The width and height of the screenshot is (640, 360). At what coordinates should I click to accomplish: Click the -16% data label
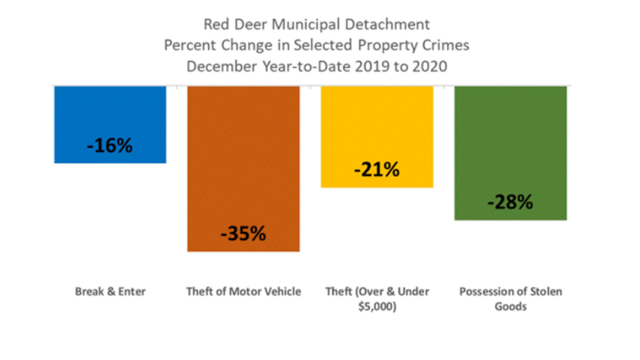[110, 146]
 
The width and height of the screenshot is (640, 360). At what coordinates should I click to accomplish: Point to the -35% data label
[243, 234]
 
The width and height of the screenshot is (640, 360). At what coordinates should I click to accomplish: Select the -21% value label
[377, 170]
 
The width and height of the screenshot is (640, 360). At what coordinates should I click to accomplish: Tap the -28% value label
[510, 203]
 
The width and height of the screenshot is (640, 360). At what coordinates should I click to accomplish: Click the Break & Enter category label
[110, 292]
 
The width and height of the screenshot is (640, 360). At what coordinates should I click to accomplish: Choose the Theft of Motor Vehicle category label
[244, 292]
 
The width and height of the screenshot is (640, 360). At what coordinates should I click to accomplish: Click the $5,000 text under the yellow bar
[377, 307]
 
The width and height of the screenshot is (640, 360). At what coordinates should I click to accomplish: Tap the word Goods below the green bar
[510, 307]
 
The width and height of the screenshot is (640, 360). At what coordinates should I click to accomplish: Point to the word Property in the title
[391, 45]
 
